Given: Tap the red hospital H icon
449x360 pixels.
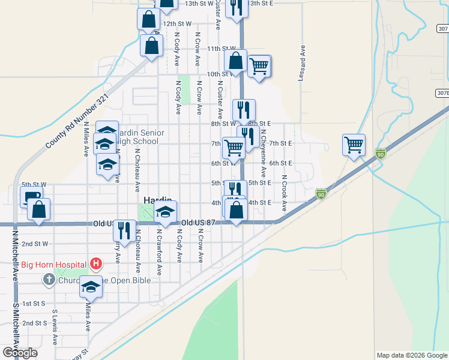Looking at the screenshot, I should tap(95, 263).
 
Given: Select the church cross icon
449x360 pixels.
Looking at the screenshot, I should tap(49, 279).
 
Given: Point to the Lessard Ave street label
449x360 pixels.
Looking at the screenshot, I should tap(303, 58).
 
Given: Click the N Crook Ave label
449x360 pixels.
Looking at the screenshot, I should tap(283, 194).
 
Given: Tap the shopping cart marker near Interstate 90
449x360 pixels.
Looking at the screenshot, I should tap(354, 144).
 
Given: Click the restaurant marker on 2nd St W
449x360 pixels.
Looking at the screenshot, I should tap(124, 230).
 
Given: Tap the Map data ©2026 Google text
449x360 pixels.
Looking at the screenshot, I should tap(412, 355).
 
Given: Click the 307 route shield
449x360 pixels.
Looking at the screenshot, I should tap(442, 29).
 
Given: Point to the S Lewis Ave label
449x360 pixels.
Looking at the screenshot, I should tap(55, 327).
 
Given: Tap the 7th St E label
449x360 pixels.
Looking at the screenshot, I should tap(280, 143).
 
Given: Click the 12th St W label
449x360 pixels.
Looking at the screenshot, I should tap(177, 23).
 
